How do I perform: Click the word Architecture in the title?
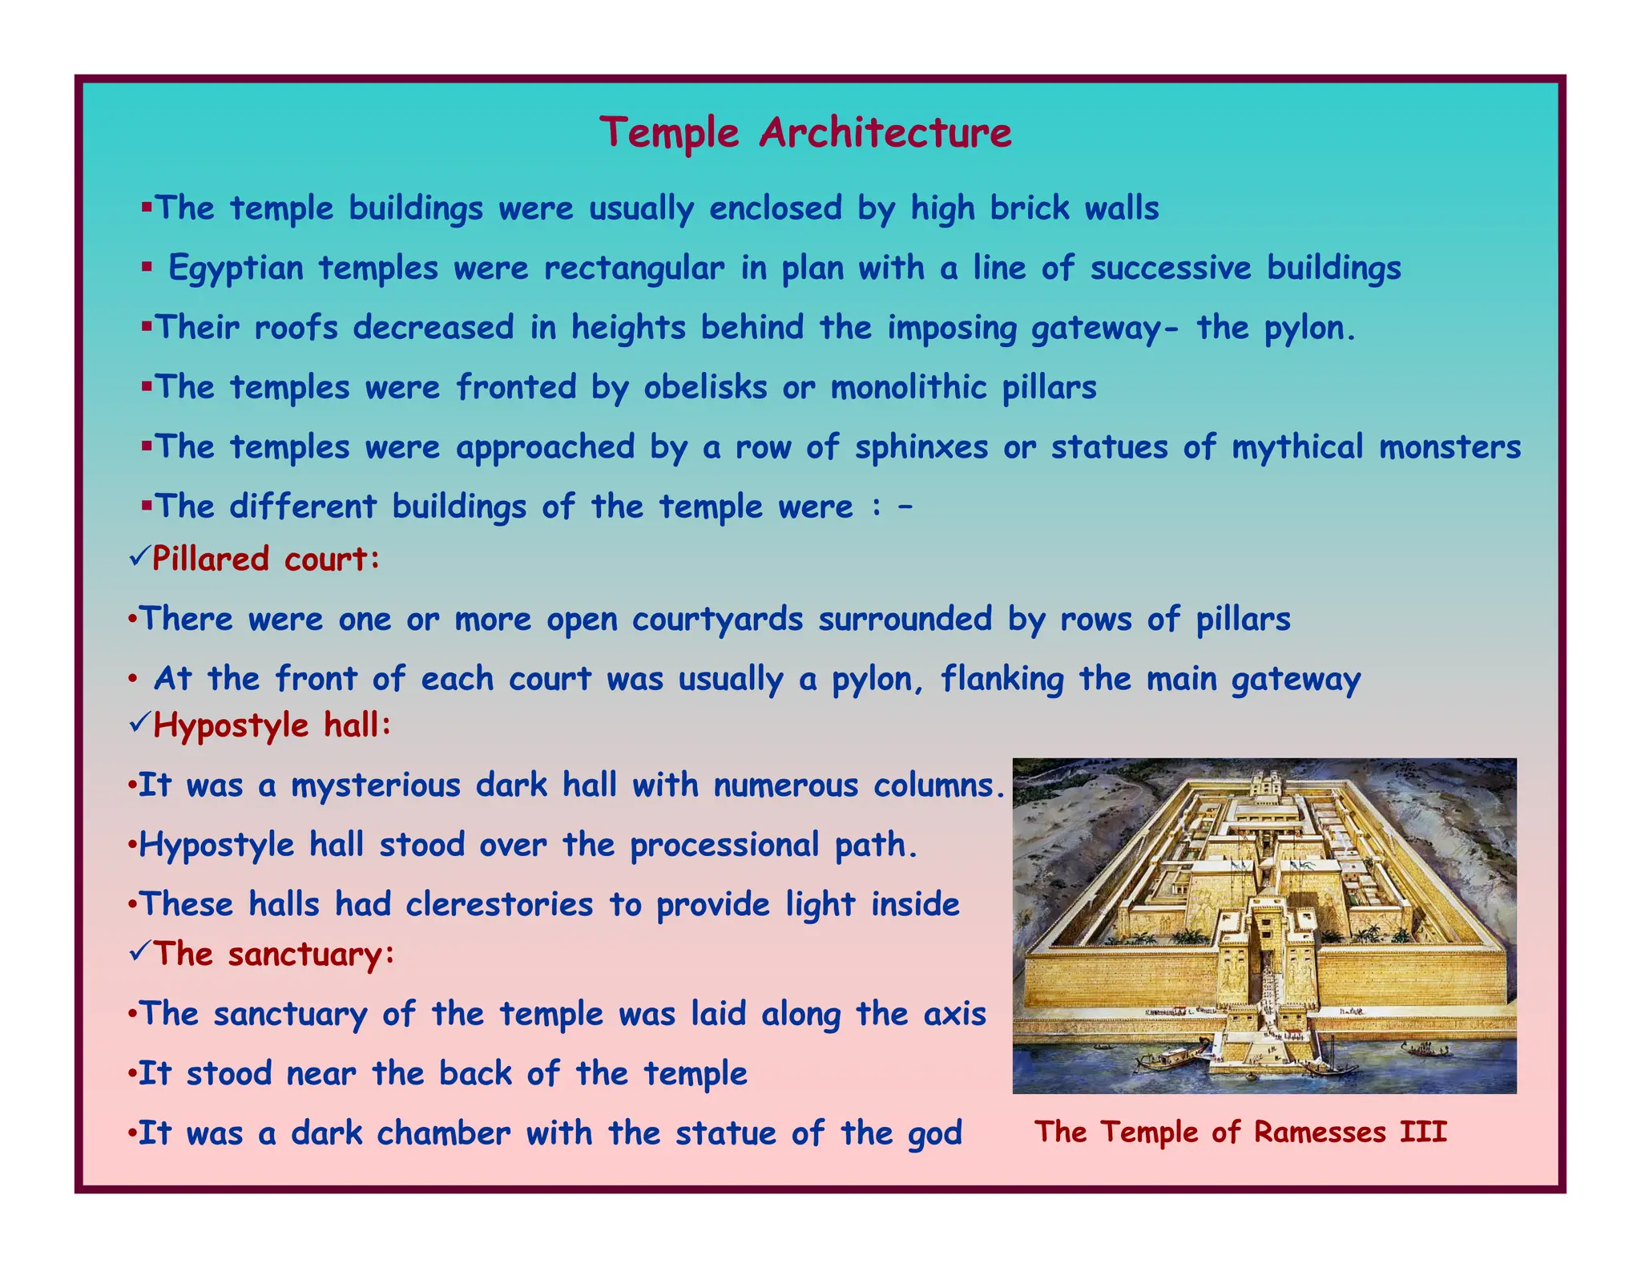click(885, 132)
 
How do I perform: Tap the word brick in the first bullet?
click(1030, 208)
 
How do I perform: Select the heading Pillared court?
click(265, 559)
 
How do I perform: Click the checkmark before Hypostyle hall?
click(138, 723)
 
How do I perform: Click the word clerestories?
click(499, 905)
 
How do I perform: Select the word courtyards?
click(717, 620)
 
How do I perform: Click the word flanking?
click(1002, 680)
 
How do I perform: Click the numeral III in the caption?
click(1423, 1132)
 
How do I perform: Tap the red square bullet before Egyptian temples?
click(147, 267)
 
